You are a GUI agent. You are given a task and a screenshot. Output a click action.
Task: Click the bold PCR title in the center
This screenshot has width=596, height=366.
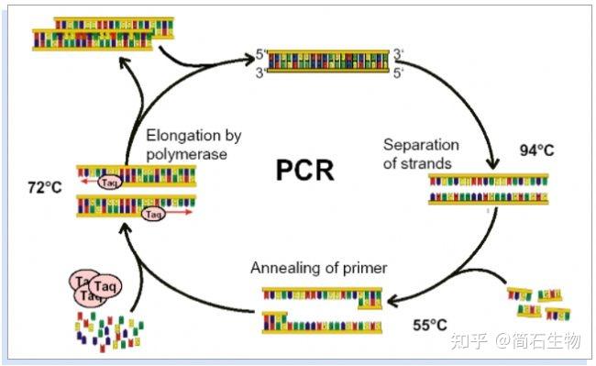[x=304, y=170]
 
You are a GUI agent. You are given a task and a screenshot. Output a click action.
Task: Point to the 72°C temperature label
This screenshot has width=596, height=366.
[x=46, y=187]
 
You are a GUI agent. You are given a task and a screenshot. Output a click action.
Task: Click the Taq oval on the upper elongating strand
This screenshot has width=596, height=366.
[x=109, y=182]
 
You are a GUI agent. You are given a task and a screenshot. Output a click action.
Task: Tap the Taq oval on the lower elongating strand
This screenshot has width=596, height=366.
[x=152, y=213]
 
